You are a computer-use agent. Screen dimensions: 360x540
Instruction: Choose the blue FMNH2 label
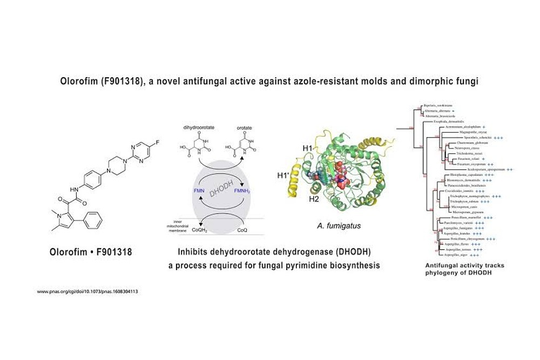point(241,191)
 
